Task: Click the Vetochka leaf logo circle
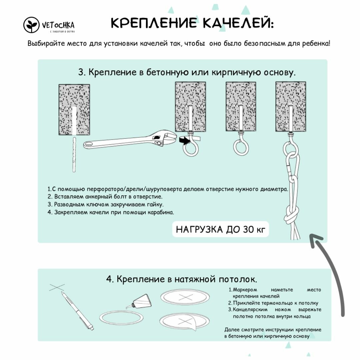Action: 32,25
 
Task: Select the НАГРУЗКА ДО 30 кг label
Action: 220,230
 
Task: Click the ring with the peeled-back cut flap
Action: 185,322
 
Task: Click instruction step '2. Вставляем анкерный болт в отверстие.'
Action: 105,197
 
